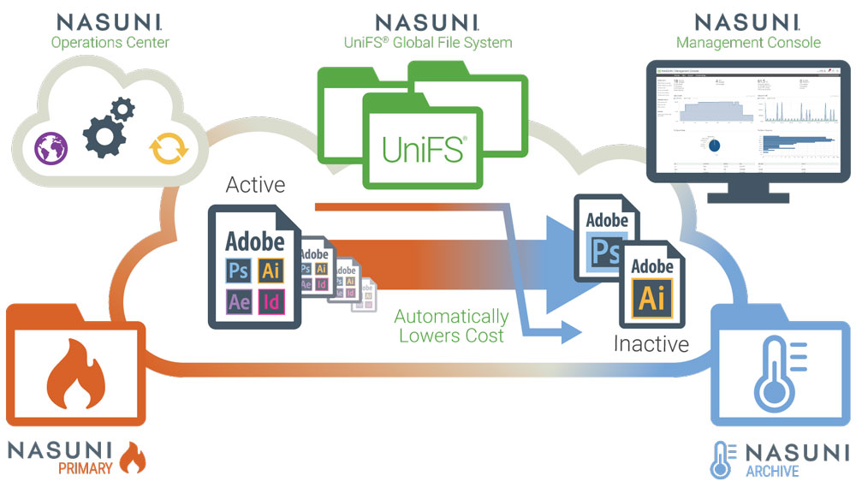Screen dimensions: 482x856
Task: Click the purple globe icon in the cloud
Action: point(51,147)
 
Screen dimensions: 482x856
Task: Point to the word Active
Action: point(255,185)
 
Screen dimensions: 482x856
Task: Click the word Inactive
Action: point(651,344)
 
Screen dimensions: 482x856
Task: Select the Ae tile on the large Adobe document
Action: point(239,301)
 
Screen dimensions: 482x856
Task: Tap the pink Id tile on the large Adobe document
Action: point(271,301)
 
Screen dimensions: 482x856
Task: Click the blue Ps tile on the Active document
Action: point(239,271)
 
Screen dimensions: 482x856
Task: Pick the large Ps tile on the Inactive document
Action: point(607,252)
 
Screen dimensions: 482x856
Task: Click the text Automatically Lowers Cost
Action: point(451,326)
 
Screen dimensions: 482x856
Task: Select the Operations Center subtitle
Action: point(110,42)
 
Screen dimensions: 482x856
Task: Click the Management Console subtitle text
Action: point(747,42)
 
